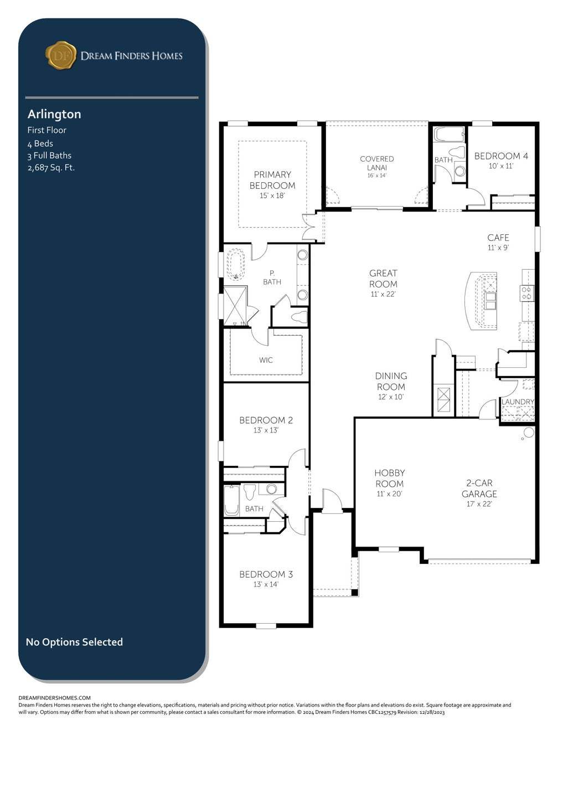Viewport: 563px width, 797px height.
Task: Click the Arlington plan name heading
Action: [x=54, y=114]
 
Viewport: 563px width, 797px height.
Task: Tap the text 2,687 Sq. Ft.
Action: [x=51, y=167]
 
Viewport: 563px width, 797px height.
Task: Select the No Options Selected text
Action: [x=74, y=642]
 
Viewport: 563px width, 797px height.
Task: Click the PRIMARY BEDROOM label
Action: [x=272, y=180]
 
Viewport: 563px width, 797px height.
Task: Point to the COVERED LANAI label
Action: [x=376, y=163]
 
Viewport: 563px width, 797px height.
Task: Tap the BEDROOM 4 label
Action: [x=501, y=156]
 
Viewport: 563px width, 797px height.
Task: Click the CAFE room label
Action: [x=498, y=237]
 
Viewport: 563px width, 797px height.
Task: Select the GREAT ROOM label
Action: [x=383, y=279]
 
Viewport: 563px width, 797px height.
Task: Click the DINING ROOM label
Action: [x=391, y=381]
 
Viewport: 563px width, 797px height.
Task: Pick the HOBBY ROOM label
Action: [x=390, y=478]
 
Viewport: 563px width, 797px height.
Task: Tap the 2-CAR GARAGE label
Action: [x=479, y=488]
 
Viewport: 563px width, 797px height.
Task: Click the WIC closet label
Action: [x=266, y=359]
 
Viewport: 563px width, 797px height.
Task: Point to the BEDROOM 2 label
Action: [x=266, y=420]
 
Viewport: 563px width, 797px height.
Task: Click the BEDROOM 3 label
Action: [x=266, y=574]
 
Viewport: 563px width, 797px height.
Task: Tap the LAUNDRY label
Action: [x=518, y=402]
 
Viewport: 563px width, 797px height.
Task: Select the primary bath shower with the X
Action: [x=234, y=306]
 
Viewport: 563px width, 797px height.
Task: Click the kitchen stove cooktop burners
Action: [x=526, y=292]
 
